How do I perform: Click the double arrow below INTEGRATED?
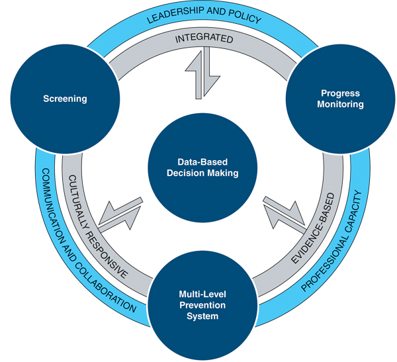pyautogui.click(x=198, y=73)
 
